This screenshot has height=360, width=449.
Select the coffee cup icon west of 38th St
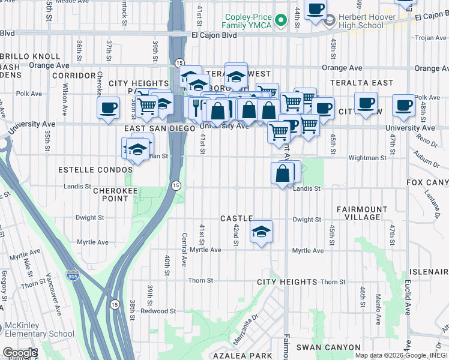pos(109,109)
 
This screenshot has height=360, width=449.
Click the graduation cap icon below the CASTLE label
pos(261,232)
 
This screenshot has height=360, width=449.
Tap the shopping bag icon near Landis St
pos(283,175)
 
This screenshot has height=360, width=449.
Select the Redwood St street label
pos(158,311)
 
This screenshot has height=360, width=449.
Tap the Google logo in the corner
pos(19,353)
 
